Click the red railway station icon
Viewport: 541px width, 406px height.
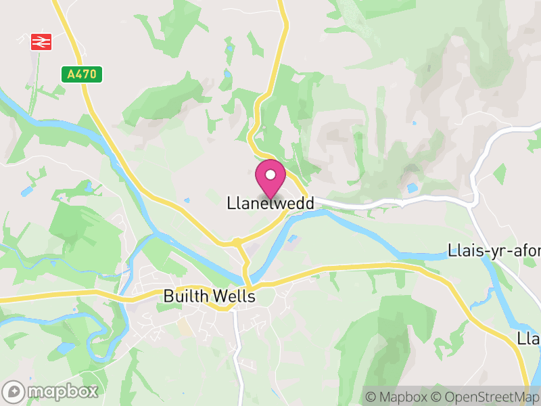pos(41,42)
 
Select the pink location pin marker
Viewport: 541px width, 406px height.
pos(270,179)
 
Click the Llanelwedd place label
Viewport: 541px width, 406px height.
pos(270,203)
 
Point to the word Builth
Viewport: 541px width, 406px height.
pos(184,296)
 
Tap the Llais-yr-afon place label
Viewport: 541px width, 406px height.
pos(494,251)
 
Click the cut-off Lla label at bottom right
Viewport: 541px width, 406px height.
pos(527,338)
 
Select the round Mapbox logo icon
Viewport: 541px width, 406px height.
pos(14,391)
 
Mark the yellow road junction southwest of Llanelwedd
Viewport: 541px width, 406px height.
pos(237,242)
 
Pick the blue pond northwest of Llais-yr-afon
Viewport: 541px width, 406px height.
pos(411,187)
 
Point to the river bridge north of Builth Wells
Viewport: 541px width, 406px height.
pos(246,279)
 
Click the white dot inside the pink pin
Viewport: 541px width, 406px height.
pos(270,175)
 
